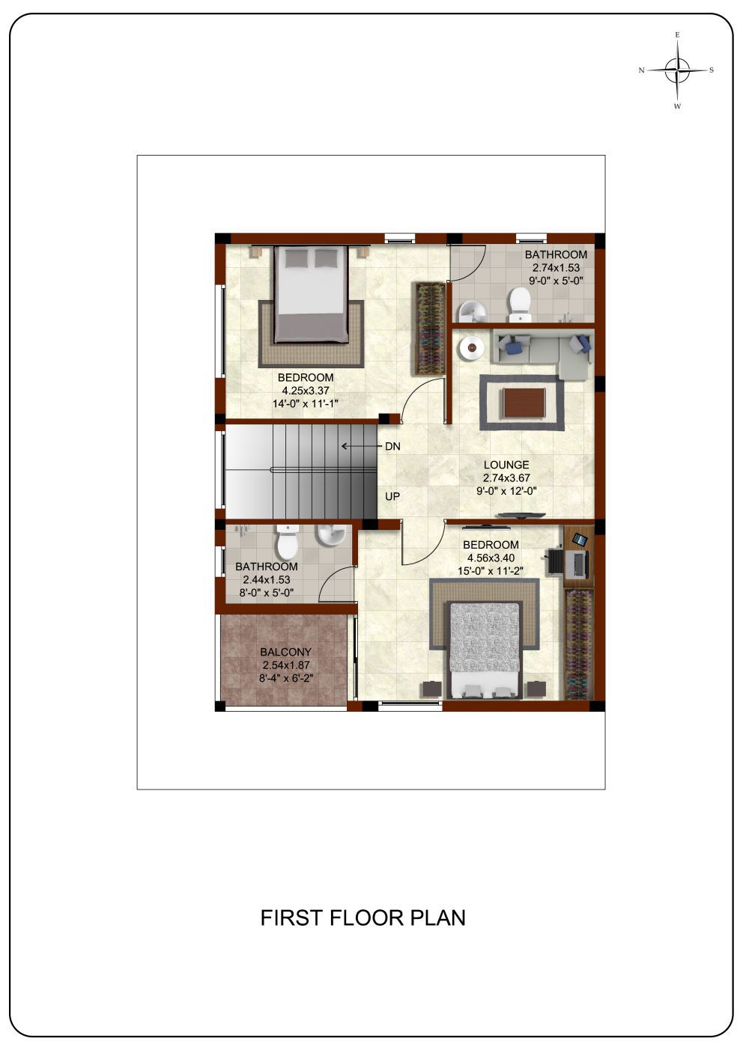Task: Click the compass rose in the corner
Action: (677, 70)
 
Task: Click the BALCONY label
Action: (285, 652)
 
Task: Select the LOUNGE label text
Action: (506, 465)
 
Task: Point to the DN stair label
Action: (392, 446)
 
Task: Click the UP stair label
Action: (392, 496)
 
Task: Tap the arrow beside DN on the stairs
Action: (360, 446)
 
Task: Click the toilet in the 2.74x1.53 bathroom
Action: (520, 304)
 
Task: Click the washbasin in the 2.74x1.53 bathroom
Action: (471, 311)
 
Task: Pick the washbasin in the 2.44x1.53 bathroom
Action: (332, 535)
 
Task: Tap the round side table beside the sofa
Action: (472, 348)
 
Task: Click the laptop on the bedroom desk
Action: (577, 564)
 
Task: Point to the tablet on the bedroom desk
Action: (579, 539)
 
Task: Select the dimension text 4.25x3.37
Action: (306, 390)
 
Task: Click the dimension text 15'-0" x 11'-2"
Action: (491, 571)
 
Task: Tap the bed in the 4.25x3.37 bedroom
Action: (312, 294)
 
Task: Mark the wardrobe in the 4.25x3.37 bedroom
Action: (428, 329)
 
